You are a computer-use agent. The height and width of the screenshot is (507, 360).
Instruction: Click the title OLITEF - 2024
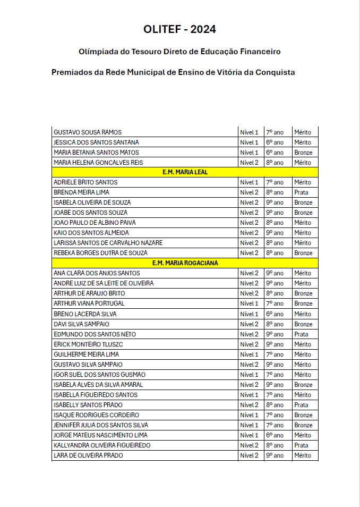point(179,29)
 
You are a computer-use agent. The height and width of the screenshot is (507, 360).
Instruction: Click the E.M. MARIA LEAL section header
point(185,172)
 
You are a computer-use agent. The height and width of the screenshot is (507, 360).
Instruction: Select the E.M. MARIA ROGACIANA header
point(185,263)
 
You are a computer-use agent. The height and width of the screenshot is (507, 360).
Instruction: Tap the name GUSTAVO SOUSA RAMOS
point(88,132)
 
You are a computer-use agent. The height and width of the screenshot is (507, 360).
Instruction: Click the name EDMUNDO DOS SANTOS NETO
point(95,334)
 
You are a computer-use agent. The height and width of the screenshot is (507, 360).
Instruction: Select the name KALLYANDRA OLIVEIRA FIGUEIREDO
point(102,445)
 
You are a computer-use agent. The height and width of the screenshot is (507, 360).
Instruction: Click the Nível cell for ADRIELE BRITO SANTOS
point(249,182)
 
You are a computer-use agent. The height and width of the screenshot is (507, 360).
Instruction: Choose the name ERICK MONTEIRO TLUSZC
point(89,344)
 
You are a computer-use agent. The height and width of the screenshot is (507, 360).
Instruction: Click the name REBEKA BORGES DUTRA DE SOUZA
point(101,253)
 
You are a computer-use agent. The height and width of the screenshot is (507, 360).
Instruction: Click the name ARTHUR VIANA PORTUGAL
point(89,303)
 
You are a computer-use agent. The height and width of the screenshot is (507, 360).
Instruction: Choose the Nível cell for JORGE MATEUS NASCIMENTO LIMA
point(249,435)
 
